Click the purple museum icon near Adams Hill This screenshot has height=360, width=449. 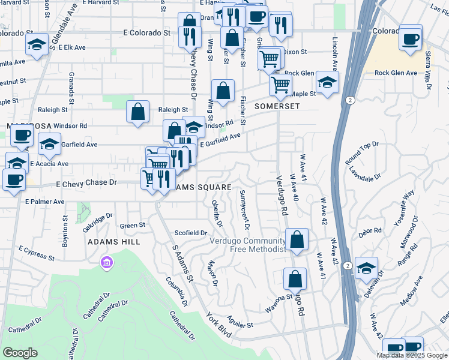107,263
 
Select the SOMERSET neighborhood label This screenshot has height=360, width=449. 277,106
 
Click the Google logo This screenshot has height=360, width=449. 20,353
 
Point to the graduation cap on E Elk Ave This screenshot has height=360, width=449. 37,45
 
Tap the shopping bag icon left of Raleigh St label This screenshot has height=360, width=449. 138,112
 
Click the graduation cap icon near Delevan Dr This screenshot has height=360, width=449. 366,269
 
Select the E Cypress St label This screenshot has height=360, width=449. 37,253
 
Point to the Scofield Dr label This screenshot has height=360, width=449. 190,233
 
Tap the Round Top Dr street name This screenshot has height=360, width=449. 362,152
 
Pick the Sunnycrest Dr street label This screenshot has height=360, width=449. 244,210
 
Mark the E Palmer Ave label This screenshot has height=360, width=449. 44,202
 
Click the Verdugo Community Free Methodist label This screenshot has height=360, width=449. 249,245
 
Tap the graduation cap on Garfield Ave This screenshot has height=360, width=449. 49,143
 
